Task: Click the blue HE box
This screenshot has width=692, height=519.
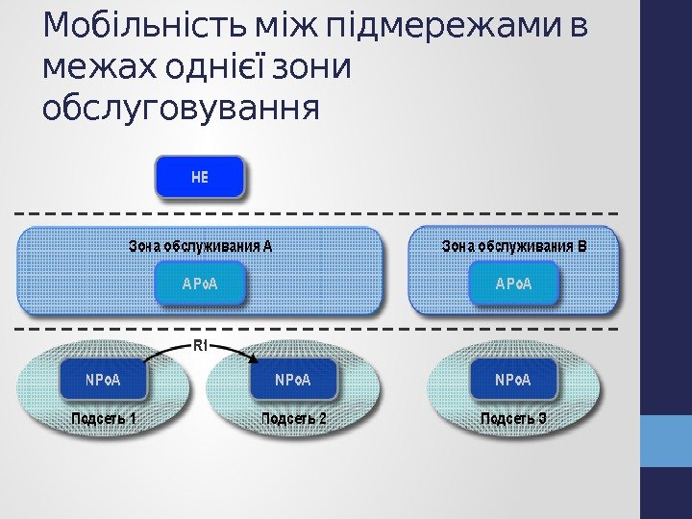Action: coord(200,177)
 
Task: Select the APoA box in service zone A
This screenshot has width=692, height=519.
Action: coord(200,284)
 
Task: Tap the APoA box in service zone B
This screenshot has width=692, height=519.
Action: coord(513,284)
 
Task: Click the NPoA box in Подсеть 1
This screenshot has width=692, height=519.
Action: coord(103,380)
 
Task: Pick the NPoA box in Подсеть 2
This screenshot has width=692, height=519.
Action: coord(293,380)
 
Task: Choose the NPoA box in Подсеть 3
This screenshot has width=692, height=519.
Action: coord(513,380)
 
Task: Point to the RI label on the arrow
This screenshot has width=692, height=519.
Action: coord(201,344)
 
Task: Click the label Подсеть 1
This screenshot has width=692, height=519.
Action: coord(103,419)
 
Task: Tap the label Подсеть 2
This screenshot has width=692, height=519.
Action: coord(293,419)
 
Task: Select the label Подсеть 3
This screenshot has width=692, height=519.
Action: coord(513,419)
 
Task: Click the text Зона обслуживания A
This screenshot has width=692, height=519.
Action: coord(201,246)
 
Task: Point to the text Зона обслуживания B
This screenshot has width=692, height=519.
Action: coord(513,246)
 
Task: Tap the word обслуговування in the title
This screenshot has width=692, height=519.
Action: coord(181,108)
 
